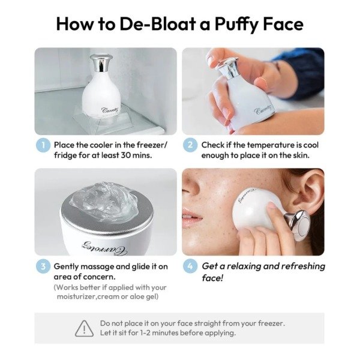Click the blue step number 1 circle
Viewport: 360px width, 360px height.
43,145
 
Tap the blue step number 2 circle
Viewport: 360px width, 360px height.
190,145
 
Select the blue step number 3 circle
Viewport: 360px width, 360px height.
43,266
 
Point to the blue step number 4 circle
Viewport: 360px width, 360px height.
190,266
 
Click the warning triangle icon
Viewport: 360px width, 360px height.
84,329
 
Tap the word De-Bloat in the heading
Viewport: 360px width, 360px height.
158,24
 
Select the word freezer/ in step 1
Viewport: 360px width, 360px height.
152,145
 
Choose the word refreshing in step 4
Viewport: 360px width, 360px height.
303,266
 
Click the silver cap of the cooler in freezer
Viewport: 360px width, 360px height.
101,62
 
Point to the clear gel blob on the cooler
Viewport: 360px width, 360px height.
105,202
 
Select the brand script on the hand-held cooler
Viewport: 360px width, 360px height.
263,110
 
